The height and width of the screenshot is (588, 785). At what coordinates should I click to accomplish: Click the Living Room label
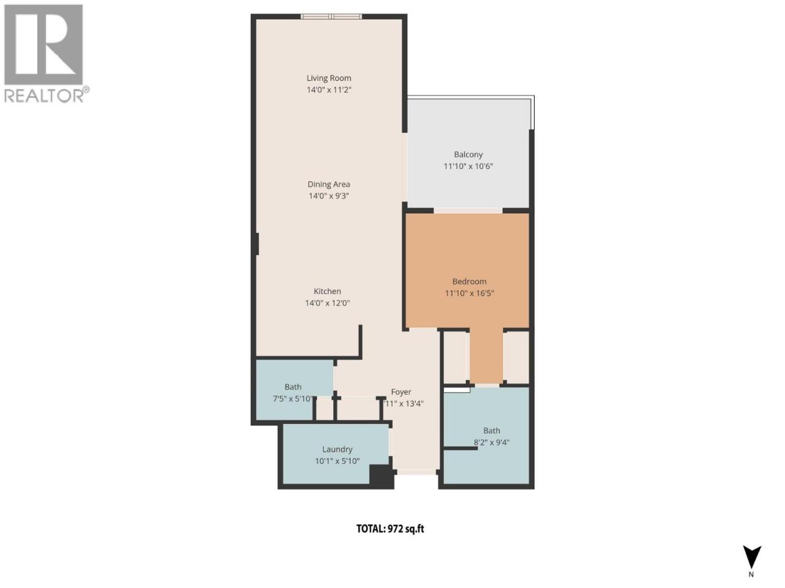pos(329,78)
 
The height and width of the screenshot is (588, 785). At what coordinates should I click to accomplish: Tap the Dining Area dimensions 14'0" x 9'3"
pos(329,196)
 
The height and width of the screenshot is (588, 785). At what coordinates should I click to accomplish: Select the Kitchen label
pos(327,292)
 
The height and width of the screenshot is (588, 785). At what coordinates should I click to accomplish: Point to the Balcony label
pos(468,155)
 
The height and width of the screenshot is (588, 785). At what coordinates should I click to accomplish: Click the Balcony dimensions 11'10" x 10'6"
pos(468,167)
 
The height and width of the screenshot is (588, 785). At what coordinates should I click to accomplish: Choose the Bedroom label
pos(469,282)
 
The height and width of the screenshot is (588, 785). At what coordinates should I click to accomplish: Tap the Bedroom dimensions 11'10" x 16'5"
pos(469,293)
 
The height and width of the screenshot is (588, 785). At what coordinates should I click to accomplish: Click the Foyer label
pos(401,392)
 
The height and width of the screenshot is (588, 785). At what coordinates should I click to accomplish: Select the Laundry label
pos(337,450)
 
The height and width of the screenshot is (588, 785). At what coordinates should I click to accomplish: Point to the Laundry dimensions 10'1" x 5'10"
pos(337,461)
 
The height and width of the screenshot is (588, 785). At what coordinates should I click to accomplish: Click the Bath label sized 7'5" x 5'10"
pos(293,387)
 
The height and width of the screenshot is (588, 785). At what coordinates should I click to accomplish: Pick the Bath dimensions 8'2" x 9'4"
pos(491,443)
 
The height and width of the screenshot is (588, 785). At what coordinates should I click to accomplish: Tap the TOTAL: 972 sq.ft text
pos(390,529)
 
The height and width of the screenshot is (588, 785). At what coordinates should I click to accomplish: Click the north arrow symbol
pos(752,557)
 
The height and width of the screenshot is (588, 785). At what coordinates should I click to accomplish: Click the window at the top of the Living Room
pos(331,17)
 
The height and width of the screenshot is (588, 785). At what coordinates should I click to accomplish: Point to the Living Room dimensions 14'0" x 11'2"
pos(329,90)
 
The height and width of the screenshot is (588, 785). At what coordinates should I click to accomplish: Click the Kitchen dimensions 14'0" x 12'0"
pos(327,303)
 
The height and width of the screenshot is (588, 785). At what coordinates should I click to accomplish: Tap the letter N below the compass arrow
pos(751,575)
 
